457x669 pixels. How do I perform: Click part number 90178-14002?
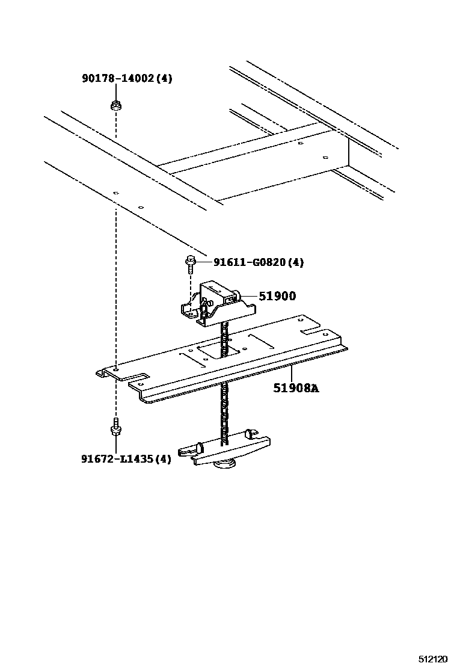click(x=118, y=78)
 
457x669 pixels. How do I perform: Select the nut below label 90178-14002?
click(x=115, y=106)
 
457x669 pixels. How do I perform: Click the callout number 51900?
click(x=277, y=296)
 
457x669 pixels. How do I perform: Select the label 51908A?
click(x=296, y=388)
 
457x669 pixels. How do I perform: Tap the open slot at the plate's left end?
click(x=135, y=378)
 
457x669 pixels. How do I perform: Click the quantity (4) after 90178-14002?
click(x=164, y=78)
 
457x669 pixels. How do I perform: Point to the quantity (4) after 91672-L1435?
click(x=162, y=459)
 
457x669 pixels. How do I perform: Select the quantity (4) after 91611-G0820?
click(x=295, y=262)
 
